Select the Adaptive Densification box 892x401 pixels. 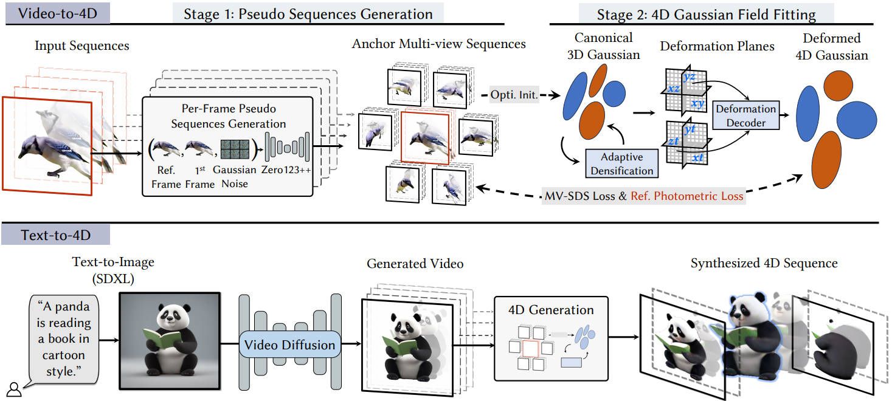[621, 164]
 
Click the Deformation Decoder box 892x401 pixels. [745, 115]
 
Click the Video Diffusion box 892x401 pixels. [289, 344]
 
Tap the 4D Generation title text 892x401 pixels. [551, 310]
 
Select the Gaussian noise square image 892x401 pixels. [235, 149]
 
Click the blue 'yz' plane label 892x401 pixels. [689, 77]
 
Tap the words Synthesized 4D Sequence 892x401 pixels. [764, 263]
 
